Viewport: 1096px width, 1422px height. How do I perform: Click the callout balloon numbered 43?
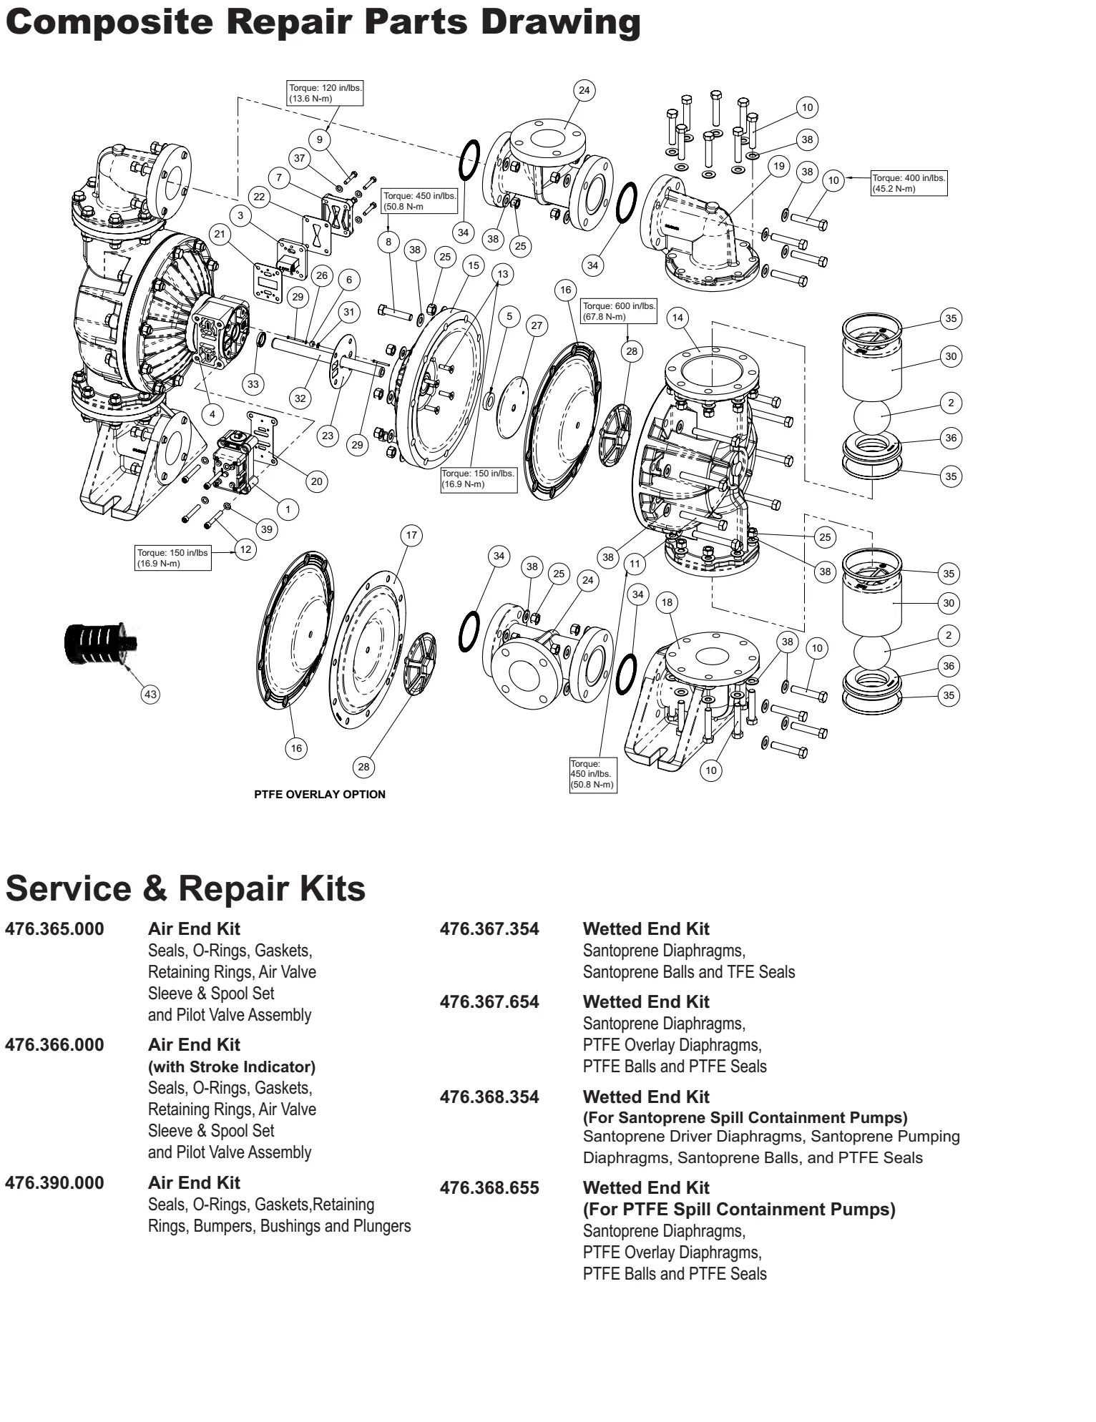(150, 694)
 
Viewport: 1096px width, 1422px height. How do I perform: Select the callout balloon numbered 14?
(678, 318)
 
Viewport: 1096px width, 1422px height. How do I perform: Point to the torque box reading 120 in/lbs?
(326, 93)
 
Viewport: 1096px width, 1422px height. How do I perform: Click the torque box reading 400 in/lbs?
(909, 183)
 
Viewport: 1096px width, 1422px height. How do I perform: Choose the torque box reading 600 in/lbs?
(619, 311)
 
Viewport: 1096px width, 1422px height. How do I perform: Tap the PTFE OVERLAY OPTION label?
(320, 794)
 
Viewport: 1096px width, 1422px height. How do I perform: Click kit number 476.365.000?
(54, 928)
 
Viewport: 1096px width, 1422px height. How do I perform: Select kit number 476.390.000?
(54, 1182)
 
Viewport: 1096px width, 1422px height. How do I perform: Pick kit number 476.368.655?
(489, 1187)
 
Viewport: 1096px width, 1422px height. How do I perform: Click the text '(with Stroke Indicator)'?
(232, 1066)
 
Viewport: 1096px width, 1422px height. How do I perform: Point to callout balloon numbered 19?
(778, 166)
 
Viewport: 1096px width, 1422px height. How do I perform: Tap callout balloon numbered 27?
(537, 325)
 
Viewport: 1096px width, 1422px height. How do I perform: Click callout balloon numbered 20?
(317, 481)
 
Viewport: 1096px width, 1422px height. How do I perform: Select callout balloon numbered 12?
(245, 549)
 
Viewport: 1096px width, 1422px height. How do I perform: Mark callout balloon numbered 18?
(667, 602)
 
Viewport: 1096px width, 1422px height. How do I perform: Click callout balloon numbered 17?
(411, 535)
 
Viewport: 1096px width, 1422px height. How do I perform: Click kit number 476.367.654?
(489, 1001)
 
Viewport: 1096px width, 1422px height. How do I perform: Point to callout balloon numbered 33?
(253, 384)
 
